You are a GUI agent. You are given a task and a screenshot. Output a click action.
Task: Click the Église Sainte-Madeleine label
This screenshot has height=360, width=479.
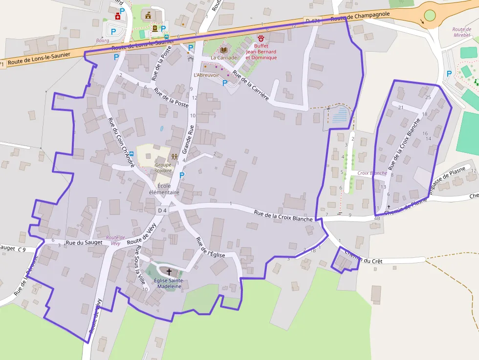168,283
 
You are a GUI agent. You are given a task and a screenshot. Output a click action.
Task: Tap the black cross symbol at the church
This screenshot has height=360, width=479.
170,272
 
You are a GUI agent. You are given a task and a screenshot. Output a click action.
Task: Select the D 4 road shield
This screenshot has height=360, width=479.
162,211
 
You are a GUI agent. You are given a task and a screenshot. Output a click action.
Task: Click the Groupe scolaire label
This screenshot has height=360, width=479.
163,168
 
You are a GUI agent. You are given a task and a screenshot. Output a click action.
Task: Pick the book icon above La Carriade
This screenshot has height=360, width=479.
224,50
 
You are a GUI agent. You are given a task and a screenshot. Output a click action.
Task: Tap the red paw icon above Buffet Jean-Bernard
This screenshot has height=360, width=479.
261,38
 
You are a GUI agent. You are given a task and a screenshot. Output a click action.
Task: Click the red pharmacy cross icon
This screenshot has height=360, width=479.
117,17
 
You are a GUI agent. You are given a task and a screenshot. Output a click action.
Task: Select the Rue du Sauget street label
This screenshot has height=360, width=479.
84,242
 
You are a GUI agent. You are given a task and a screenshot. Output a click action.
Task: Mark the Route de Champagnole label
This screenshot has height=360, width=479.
360,17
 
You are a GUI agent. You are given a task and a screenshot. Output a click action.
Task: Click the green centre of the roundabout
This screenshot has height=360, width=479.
430,15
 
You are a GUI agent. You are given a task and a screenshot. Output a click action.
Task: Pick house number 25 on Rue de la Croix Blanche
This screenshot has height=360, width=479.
428,97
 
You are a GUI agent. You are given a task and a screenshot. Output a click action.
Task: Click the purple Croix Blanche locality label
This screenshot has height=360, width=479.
372,173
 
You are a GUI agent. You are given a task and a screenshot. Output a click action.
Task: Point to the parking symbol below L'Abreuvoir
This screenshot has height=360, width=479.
225,83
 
